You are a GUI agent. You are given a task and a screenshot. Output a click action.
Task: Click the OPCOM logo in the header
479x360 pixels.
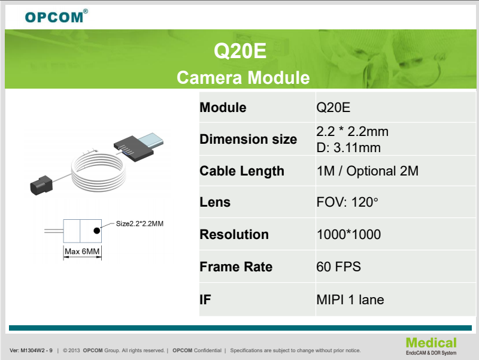(x=56, y=16)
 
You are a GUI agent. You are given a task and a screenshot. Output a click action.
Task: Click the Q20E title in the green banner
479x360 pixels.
(x=240, y=51)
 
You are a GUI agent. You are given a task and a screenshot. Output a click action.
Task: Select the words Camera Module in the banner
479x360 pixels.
(x=243, y=78)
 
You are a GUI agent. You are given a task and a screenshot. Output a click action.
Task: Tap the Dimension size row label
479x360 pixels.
(x=248, y=139)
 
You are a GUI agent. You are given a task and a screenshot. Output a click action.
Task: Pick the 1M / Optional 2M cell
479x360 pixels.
(x=368, y=171)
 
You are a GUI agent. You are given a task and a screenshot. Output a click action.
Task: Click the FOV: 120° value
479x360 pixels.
(x=347, y=202)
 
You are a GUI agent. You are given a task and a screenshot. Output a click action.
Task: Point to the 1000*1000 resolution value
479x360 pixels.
(x=348, y=234)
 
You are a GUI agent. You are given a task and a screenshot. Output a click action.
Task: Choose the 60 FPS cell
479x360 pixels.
(x=338, y=267)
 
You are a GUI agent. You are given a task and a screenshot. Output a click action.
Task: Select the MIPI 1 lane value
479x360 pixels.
(x=350, y=300)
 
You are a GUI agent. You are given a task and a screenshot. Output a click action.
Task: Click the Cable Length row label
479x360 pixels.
(x=242, y=171)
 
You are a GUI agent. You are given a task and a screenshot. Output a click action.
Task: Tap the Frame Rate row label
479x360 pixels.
(x=236, y=267)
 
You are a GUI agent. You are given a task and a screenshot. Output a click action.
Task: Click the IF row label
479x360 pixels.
(x=205, y=300)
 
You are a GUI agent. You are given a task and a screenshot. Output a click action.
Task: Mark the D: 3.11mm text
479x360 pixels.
(x=348, y=148)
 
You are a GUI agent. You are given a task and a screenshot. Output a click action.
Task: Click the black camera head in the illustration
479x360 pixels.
(x=41, y=185)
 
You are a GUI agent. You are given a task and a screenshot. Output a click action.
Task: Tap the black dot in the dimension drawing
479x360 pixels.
(x=97, y=231)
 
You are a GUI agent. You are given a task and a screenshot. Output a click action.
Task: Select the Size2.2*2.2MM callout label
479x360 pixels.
(x=140, y=223)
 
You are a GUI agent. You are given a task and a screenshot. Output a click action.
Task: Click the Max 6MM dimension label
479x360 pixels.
(x=82, y=252)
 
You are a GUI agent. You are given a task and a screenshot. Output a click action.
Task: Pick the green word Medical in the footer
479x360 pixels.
(x=431, y=343)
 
